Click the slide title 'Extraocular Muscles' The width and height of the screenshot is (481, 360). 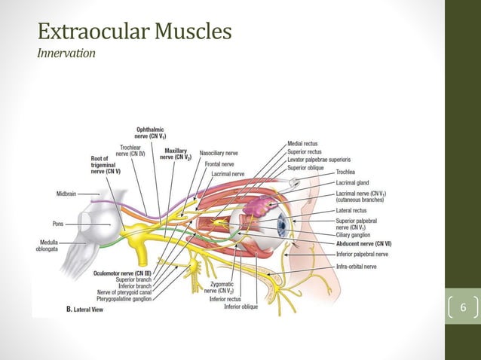134,32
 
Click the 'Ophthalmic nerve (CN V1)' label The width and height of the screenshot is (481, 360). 151,133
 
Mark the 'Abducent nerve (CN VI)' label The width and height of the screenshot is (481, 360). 364,244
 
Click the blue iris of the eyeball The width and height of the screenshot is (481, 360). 283,224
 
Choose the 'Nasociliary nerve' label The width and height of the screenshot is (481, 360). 220,153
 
